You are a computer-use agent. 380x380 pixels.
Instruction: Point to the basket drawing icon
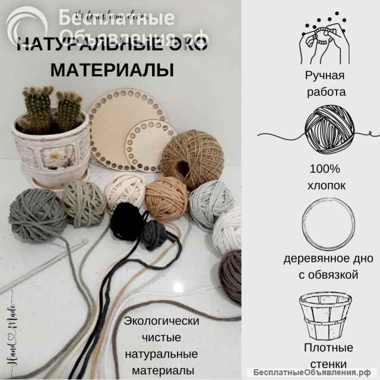tap(326, 312)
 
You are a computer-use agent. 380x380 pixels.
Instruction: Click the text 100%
tap(326, 169)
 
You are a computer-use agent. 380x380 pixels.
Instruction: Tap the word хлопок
tap(326, 186)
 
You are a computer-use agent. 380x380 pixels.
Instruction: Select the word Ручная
tap(325, 76)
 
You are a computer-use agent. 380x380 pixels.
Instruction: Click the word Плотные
tap(328, 347)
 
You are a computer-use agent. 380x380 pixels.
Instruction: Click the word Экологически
tap(161, 321)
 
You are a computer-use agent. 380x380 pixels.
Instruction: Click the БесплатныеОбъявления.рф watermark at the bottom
tap(315, 372)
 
